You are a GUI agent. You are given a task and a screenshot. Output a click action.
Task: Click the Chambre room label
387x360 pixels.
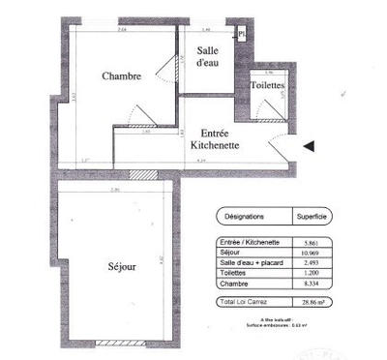122,75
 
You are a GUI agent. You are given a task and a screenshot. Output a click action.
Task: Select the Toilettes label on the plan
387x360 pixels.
266,85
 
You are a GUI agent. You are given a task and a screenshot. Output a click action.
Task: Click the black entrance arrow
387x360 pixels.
309,146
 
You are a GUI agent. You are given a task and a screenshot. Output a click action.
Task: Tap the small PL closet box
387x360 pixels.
242,33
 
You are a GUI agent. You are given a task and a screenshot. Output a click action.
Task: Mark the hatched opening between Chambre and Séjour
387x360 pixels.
142,175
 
